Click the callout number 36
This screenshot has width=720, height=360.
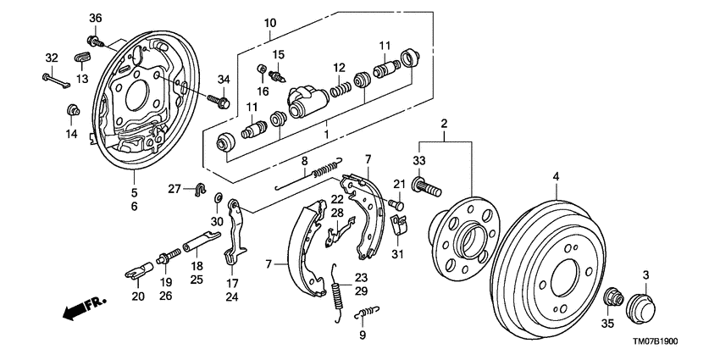point(95,19)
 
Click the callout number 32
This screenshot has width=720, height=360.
point(52,58)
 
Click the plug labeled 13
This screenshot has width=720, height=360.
point(82,57)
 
